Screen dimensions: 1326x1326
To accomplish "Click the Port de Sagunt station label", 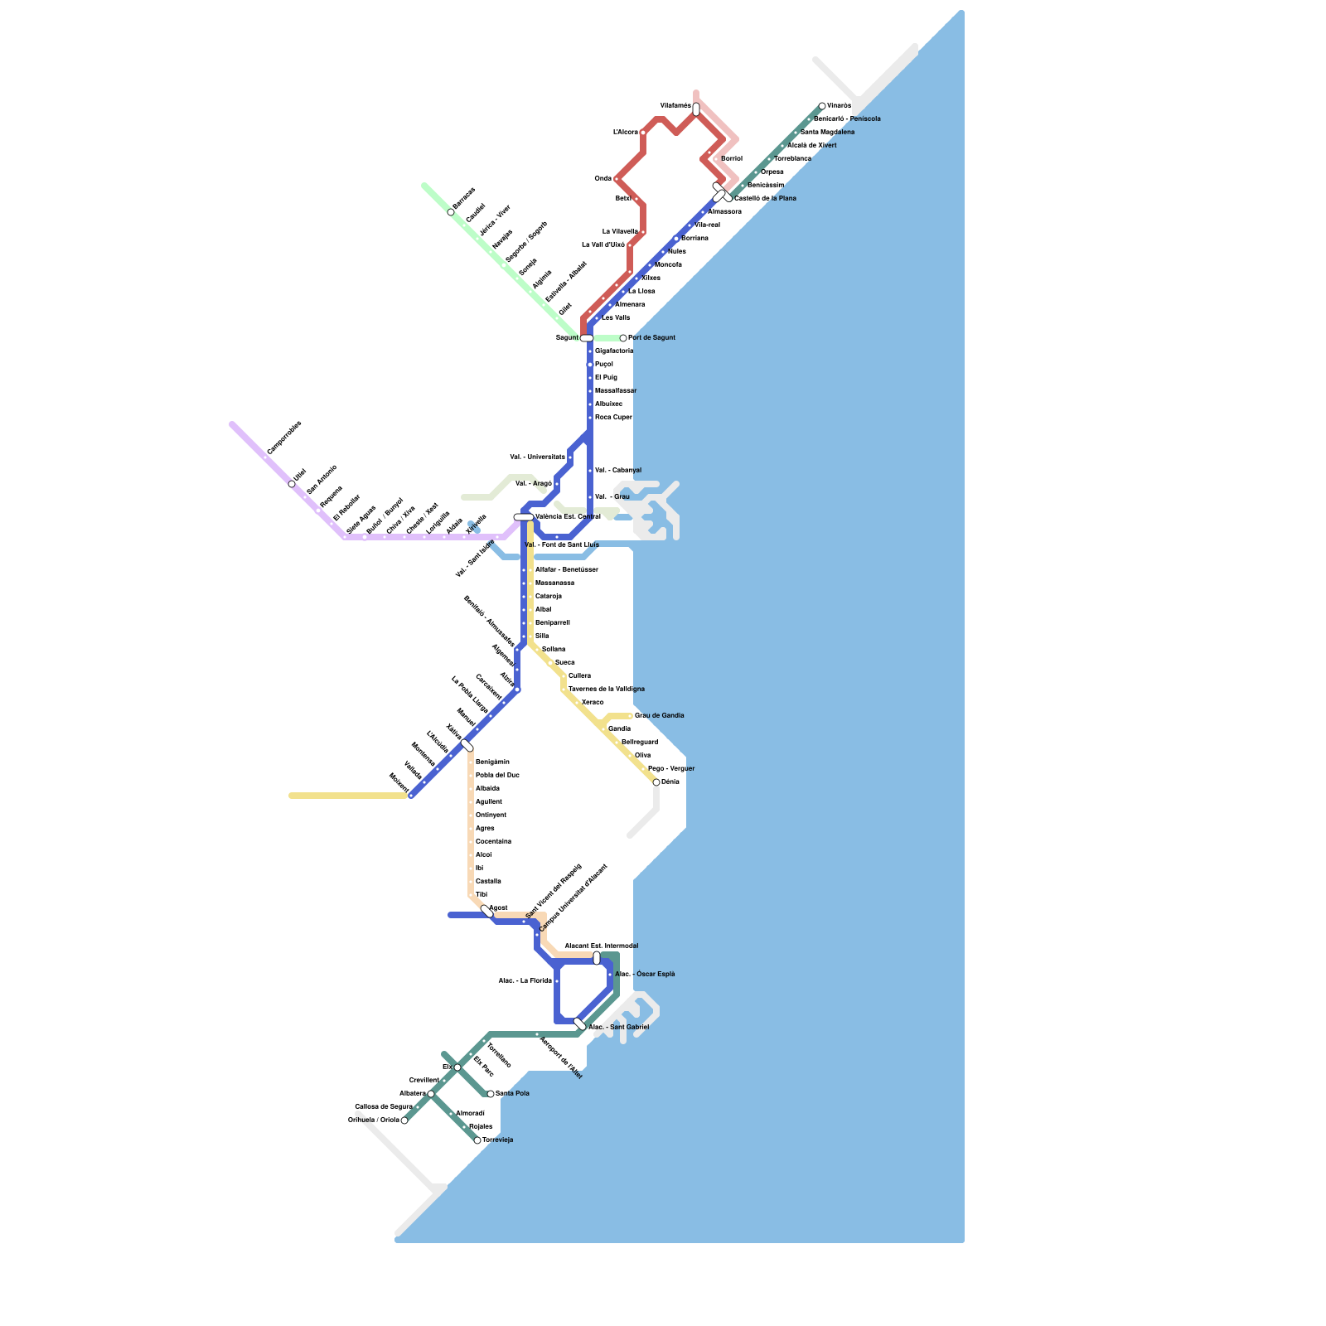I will (x=651, y=338).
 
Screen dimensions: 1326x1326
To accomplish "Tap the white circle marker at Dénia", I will (x=656, y=782).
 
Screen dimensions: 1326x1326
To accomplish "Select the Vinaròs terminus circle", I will (x=822, y=106).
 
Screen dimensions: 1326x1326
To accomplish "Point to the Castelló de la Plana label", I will (x=765, y=199).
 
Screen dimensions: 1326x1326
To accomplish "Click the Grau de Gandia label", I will (x=659, y=716).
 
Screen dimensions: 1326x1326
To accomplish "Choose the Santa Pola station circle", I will (x=491, y=1094).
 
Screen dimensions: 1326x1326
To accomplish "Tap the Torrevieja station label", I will (x=498, y=1140).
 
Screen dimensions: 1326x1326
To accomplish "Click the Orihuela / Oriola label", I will (x=373, y=1120).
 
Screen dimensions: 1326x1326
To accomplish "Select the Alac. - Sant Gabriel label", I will (x=618, y=1028).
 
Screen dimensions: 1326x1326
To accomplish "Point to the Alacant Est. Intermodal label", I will (x=601, y=946).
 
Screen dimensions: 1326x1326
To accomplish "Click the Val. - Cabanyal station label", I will (x=617, y=471).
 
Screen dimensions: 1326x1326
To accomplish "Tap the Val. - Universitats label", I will (x=537, y=457).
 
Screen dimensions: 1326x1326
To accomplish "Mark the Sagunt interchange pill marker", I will (x=587, y=338).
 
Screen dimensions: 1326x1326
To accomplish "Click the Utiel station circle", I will (x=292, y=484).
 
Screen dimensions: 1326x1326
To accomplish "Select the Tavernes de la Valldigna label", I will (x=606, y=690).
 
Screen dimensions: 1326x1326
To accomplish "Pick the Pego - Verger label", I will (x=670, y=769).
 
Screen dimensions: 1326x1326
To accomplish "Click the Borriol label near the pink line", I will (x=732, y=158).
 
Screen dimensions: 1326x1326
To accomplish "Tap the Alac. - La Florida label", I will (x=525, y=981).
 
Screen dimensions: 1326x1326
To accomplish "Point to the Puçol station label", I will (x=603, y=365).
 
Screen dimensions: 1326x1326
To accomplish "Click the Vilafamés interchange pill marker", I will (x=696, y=109).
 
